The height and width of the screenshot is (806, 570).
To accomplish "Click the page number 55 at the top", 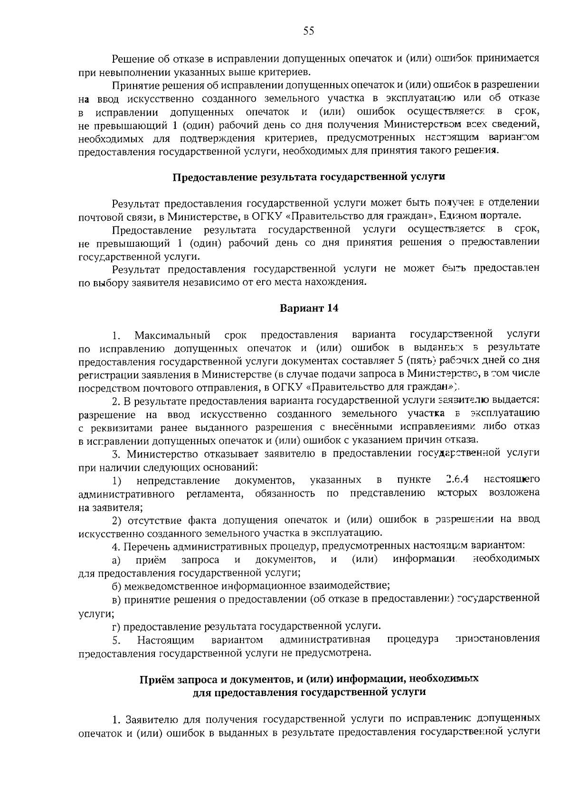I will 308,31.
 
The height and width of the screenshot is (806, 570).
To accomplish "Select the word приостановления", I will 497,638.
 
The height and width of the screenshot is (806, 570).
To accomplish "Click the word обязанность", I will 285,493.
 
